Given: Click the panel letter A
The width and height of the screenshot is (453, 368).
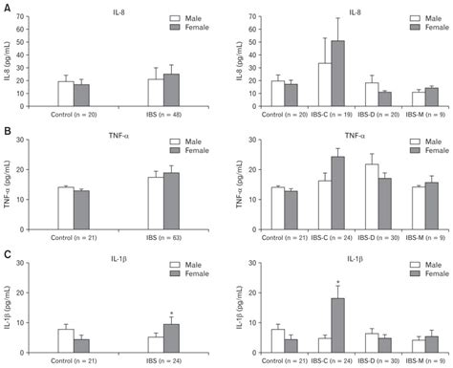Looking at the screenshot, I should [7, 8].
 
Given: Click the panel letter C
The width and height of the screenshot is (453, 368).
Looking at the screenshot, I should [7, 254].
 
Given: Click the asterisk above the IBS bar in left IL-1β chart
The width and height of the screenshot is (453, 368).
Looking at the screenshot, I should [170, 313].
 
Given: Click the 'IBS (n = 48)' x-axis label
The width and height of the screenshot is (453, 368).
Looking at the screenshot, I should [163, 115].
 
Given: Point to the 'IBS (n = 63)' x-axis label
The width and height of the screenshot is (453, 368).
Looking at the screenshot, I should [163, 235].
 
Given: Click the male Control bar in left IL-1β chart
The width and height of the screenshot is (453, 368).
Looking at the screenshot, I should [65, 340].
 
